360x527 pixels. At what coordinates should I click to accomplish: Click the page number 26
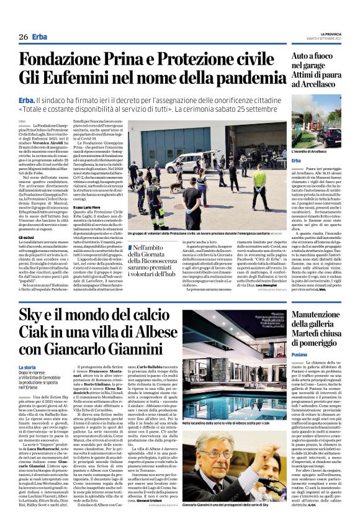coord(22,37)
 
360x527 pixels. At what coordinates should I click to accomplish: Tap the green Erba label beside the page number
coord(40,37)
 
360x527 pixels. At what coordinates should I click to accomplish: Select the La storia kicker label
coord(28,368)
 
